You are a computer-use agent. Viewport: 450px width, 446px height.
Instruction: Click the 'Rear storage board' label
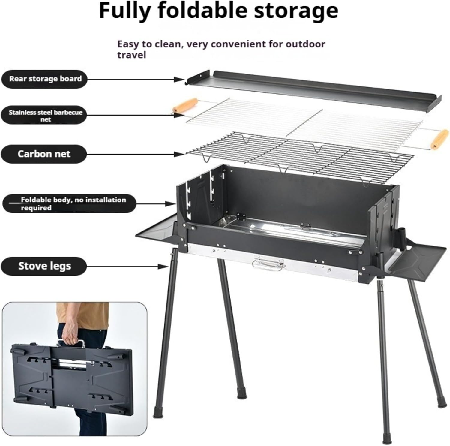click(x=45, y=79)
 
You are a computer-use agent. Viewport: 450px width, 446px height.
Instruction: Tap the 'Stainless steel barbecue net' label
click(x=45, y=116)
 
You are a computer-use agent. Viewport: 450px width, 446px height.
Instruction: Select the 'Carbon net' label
click(x=44, y=154)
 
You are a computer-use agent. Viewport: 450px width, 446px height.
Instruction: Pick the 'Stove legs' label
click(x=44, y=266)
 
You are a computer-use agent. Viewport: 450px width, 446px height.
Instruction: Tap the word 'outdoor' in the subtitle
click(x=305, y=44)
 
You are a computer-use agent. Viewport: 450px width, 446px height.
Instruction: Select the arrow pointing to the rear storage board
click(x=135, y=80)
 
